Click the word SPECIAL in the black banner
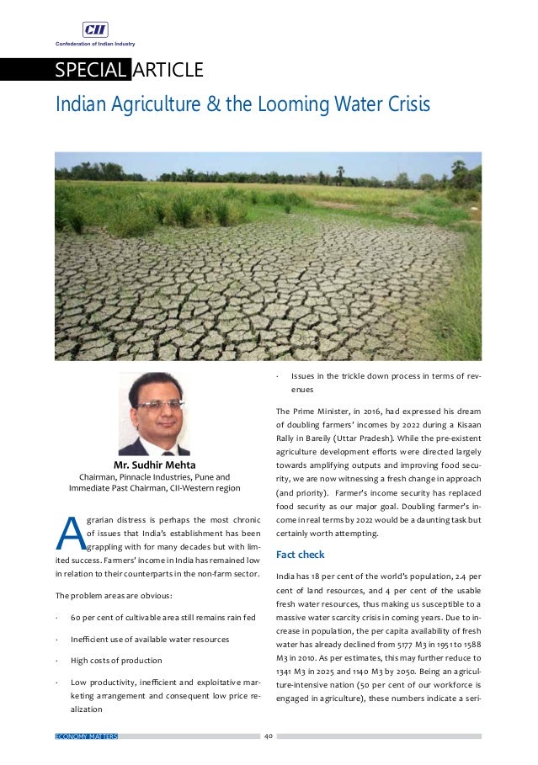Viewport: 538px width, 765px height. pyautogui.click(x=90, y=69)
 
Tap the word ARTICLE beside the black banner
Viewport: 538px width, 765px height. pyautogui.click(x=170, y=69)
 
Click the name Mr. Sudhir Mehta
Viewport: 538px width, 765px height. pyautogui.click(x=154, y=465)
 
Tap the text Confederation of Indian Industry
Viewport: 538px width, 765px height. pyautogui.click(x=95, y=43)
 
